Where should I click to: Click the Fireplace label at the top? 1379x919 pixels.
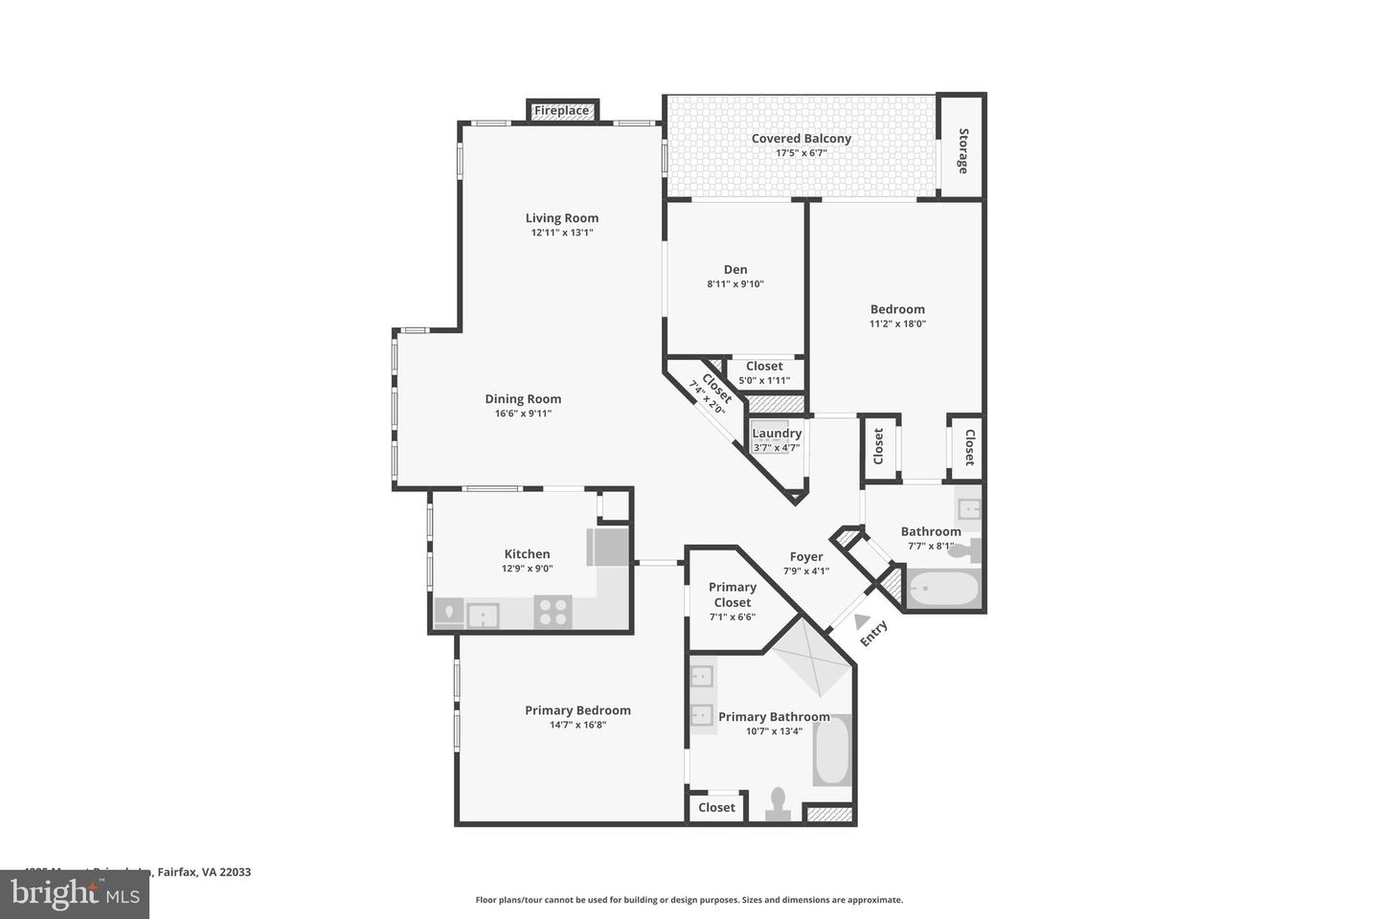562,111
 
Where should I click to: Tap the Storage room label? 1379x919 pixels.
962,150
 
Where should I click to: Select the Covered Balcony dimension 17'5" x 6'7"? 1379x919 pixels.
802,153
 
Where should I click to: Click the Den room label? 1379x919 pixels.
735,269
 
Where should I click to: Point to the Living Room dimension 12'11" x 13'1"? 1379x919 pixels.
562,233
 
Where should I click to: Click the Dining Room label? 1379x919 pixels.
523,399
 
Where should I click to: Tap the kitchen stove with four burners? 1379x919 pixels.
553,611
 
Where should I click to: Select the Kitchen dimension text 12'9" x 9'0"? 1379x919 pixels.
527,569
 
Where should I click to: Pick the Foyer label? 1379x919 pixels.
806,556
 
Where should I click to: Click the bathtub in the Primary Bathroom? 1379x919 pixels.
831,751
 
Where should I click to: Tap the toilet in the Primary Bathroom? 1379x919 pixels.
778,802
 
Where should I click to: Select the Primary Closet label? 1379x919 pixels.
733,594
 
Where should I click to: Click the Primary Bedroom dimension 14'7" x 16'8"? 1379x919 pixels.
577,725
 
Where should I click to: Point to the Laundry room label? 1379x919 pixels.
777,433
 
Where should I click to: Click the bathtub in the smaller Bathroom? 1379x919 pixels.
943,589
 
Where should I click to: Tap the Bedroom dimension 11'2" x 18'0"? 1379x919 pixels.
897,324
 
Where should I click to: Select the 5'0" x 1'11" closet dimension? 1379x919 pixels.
764,380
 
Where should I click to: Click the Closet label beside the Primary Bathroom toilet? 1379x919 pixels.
716,807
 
